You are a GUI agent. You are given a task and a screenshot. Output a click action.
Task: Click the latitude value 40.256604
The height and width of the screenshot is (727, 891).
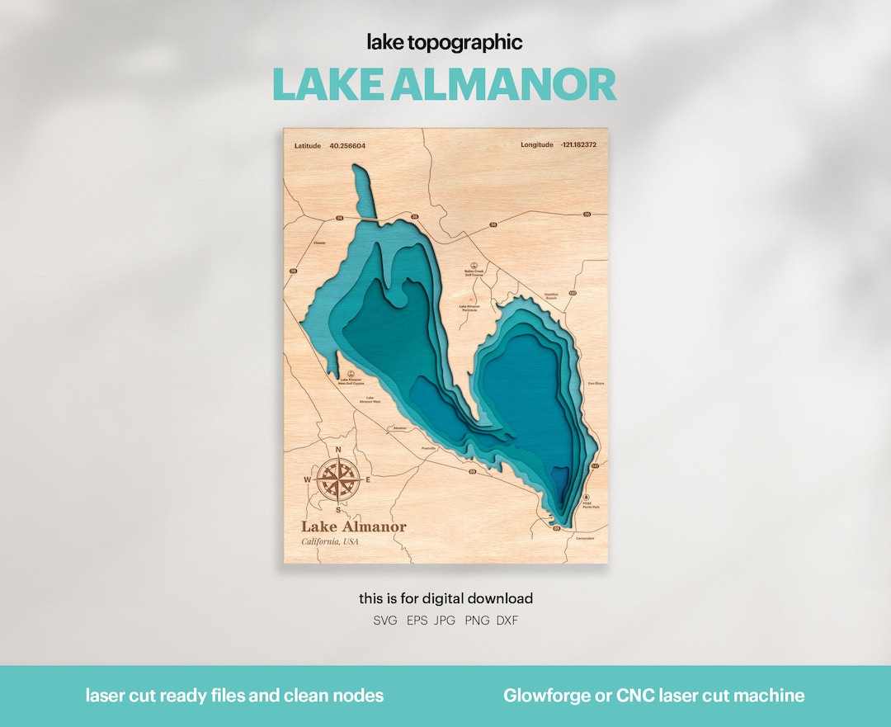pyautogui.click(x=347, y=146)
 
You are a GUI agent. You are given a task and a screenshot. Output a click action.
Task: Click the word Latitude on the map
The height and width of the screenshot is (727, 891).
pyautogui.click(x=307, y=146)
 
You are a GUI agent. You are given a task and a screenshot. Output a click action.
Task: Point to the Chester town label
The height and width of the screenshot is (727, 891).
pyautogui.click(x=320, y=243)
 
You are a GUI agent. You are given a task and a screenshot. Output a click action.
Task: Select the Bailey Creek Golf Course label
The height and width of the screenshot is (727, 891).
pyautogui.click(x=474, y=272)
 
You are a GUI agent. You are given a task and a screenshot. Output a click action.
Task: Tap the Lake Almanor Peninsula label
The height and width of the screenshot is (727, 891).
pyautogui.click(x=469, y=308)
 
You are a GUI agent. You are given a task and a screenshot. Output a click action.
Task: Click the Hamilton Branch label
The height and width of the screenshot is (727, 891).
pyautogui.click(x=552, y=296)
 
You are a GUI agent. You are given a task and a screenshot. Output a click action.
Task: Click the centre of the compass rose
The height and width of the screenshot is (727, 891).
pyautogui.click(x=338, y=479)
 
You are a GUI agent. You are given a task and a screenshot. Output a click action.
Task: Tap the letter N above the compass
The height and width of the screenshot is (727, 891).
pyautogui.click(x=338, y=450)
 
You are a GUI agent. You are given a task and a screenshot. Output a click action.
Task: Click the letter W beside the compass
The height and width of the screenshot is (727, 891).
pyautogui.click(x=308, y=479)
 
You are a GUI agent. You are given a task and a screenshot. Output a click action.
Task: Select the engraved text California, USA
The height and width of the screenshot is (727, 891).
pyautogui.click(x=330, y=542)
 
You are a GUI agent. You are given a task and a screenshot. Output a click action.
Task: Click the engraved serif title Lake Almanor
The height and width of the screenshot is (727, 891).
pyautogui.click(x=353, y=526)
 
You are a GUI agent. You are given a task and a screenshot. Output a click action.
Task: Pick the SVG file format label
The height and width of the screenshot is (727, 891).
pyautogui.click(x=384, y=621)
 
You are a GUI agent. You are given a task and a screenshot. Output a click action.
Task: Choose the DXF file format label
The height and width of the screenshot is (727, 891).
pyautogui.click(x=507, y=621)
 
